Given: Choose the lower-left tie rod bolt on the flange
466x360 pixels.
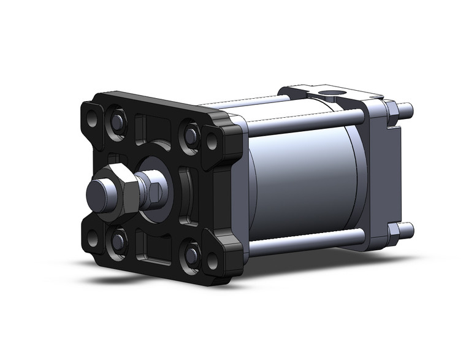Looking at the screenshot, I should (x=116, y=239).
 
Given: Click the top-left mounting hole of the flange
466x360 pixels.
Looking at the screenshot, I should (x=91, y=117).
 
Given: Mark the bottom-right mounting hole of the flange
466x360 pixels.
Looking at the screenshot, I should (x=212, y=261).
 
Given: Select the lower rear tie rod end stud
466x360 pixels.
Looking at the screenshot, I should (x=407, y=232).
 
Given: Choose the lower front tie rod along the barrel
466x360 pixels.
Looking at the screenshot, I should (x=300, y=244).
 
